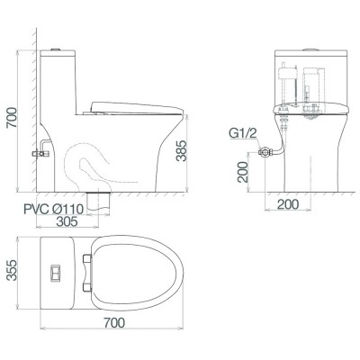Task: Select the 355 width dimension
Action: (11, 271)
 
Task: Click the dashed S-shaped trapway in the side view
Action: (90, 166)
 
